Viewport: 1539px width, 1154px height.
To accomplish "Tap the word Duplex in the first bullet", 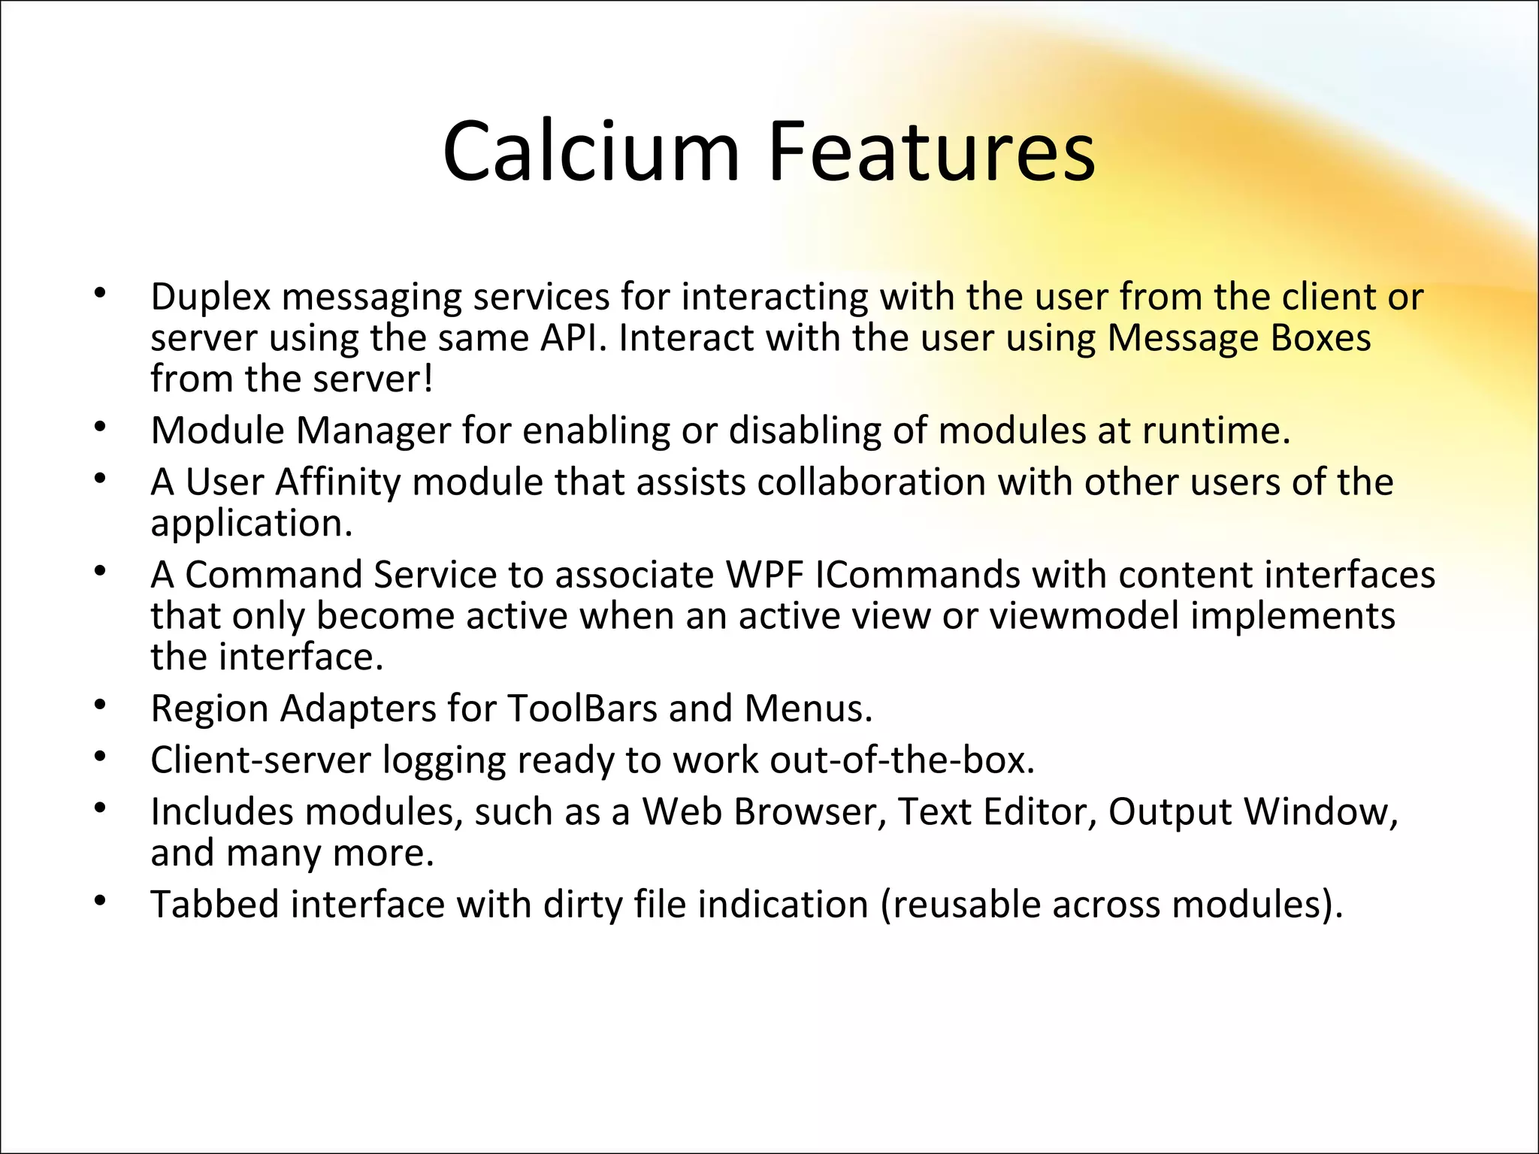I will (x=210, y=298).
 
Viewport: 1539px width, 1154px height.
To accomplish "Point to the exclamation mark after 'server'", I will (x=428, y=379).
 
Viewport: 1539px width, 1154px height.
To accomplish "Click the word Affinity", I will (x=337, y=482).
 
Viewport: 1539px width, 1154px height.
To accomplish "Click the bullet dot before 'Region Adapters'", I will (x=101, y=706).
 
